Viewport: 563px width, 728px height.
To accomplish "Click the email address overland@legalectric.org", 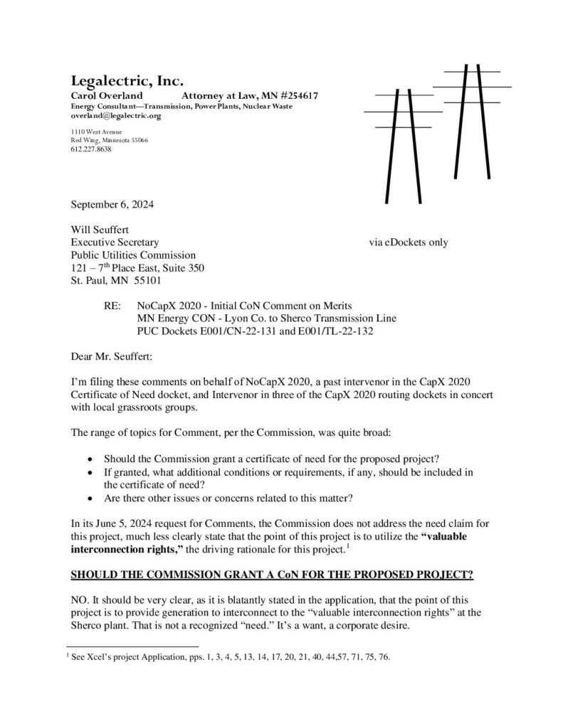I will click(x=116, y=115).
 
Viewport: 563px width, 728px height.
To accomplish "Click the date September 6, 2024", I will click(x=112, y=205).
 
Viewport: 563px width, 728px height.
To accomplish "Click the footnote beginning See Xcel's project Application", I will click(x=231, y=658).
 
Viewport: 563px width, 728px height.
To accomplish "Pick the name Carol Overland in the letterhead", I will click(x=106, y=95).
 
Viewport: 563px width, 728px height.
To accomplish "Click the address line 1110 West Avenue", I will click(x=96, y=132).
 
